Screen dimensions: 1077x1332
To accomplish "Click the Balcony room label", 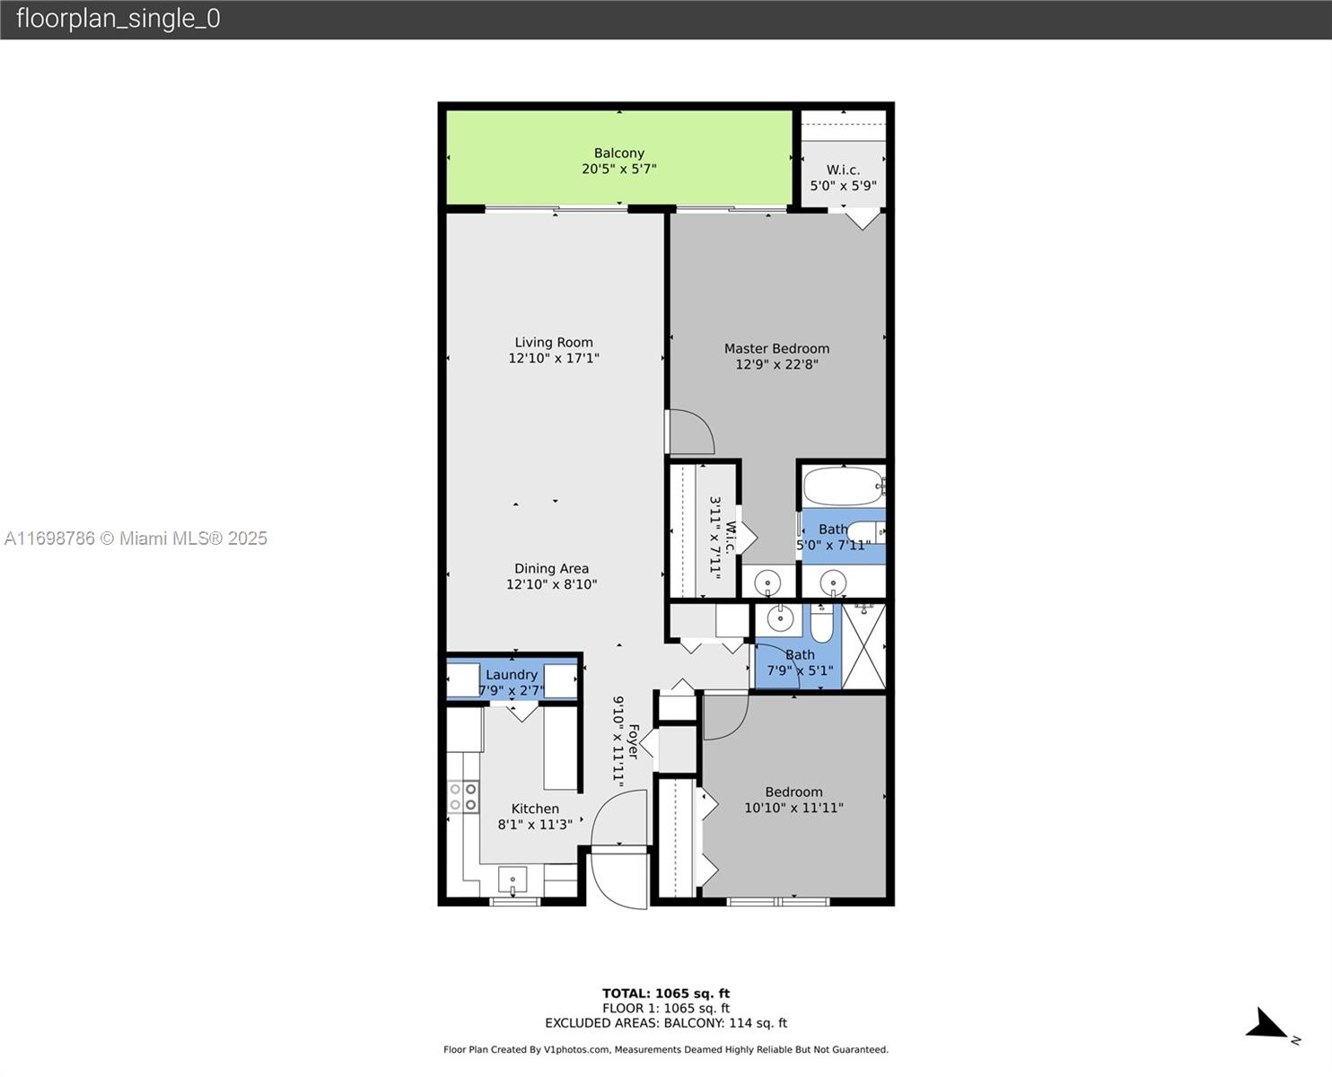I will [x=618, y=153].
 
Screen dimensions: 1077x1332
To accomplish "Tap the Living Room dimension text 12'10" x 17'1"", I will [x=554, y=358].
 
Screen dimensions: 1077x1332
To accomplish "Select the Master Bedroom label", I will [x=776, y=348].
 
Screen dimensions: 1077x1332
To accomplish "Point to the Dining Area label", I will [x=551, y=568].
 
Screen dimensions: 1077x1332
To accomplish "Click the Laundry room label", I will [x=512, y=675].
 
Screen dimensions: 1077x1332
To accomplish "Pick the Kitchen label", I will [x=535, y=809].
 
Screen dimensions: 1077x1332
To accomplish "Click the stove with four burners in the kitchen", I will [x=463, y=797].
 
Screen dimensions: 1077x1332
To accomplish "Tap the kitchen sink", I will [x=513, y=879].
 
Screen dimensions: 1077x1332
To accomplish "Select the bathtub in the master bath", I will [x=842, y=487].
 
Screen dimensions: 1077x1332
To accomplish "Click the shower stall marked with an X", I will [x=863, y=646].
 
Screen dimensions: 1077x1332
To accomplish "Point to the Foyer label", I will [x=633, y=741].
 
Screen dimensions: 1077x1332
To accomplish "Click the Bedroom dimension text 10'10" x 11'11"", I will [x=793, y=808].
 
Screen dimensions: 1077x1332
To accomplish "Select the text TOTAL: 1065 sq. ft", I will [x=666, y=994].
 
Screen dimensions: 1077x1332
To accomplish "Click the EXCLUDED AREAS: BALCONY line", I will [x=666, y=1023].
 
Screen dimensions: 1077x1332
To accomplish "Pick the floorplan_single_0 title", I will [x=118, y=19].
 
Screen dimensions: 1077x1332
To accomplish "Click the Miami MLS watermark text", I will [x=136, y=538].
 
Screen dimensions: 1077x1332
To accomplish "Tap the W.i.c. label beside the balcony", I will [x=843, y=170].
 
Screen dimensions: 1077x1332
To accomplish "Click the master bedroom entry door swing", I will [x=691, y=433].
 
